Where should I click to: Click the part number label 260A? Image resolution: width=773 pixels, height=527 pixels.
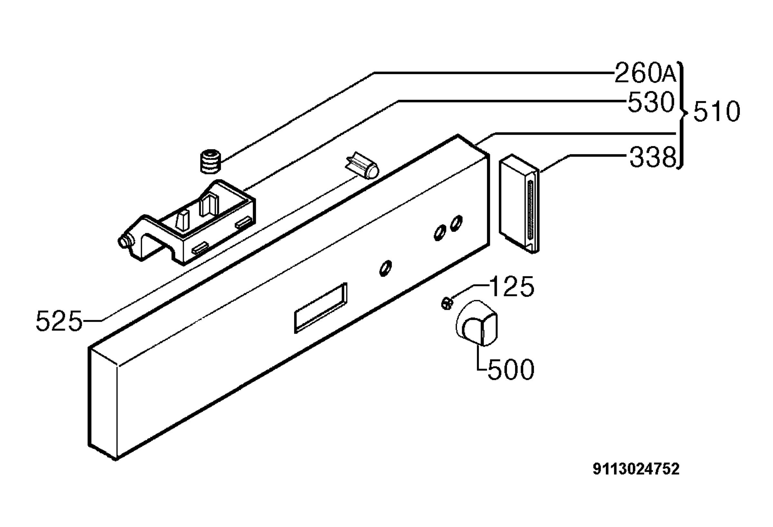point(645,73)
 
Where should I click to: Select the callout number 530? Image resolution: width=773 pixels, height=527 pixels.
point(651,102)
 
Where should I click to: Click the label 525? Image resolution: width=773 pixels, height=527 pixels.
point(59,321)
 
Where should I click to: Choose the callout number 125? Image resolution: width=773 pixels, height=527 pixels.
point(512,286)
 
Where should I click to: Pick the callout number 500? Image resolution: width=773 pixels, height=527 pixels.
point(511,369)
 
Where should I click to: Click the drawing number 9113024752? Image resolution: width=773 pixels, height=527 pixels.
point(635,469)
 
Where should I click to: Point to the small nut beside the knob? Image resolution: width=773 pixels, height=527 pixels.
point(446,304)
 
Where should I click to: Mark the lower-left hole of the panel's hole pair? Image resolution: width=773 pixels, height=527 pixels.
point(440,233)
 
